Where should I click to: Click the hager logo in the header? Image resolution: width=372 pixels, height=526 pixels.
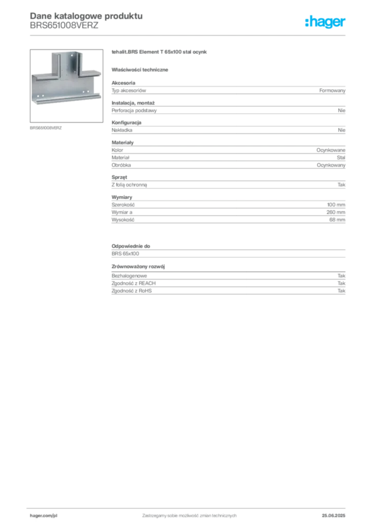pyautogui.click(x=325, y=22)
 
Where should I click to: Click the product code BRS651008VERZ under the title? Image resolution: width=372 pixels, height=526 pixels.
pyautogui.click(x=64, y=26)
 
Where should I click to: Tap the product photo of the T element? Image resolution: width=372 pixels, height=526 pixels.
pyautogui.click(x=66, y=86)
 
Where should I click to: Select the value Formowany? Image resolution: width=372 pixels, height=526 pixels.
pyautogui.click(x=332, y=90)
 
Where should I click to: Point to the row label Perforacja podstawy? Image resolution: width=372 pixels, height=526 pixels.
pyautogui.click(x=134, y=110)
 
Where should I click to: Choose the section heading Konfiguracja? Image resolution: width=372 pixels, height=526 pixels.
pyautogui.click(x=126, y=122)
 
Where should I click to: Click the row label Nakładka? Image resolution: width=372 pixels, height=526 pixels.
pyautogui.click(x=122, y=130)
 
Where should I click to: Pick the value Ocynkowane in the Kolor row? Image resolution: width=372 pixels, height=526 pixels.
pyautogui.click(x=331, y=151)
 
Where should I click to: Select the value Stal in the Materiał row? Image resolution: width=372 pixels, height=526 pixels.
pyautogui.click(x=341, y=158)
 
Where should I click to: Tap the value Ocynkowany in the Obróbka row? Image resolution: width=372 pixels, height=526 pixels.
pyautogui.click(x=331, y=165)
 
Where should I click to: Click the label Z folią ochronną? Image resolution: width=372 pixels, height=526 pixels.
pyautogui.click(x=129, y=185)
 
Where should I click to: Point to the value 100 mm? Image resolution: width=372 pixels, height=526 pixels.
pyautogui.click(x=336, y=204)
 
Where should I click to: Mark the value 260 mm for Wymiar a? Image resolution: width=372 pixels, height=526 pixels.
pyautogui.click(x=336, y=212)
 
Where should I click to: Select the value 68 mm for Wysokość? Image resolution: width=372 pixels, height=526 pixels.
pyautogui.click(x=337, y=220)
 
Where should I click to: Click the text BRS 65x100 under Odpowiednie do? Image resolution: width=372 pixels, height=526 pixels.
pyautogui.click(x=125, y=254)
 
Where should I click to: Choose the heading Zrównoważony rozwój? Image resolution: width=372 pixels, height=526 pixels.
pyautogui.click(x=138, y=267)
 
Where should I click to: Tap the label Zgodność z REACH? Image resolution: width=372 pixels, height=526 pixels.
pyautogui.click(x=134, y=284)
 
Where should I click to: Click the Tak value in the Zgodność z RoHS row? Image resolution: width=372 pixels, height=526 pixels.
pyautogui.click(x=342, y=291)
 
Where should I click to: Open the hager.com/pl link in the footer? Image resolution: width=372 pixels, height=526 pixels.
pyautogui.click(x=44, y=516)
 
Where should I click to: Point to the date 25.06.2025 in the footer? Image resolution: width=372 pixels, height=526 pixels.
pyautogui.click(x=333, y=516)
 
